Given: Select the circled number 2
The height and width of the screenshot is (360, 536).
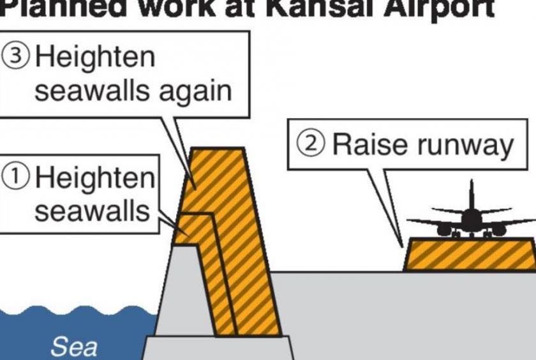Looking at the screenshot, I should pos(313,146).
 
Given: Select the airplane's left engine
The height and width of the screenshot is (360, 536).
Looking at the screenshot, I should pos(444,229).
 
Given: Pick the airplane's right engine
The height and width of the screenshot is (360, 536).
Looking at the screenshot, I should pos(499,229).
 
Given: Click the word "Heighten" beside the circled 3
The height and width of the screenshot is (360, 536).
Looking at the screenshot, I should pos(95,57).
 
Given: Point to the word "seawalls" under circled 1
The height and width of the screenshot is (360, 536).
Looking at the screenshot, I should pos(91,211).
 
